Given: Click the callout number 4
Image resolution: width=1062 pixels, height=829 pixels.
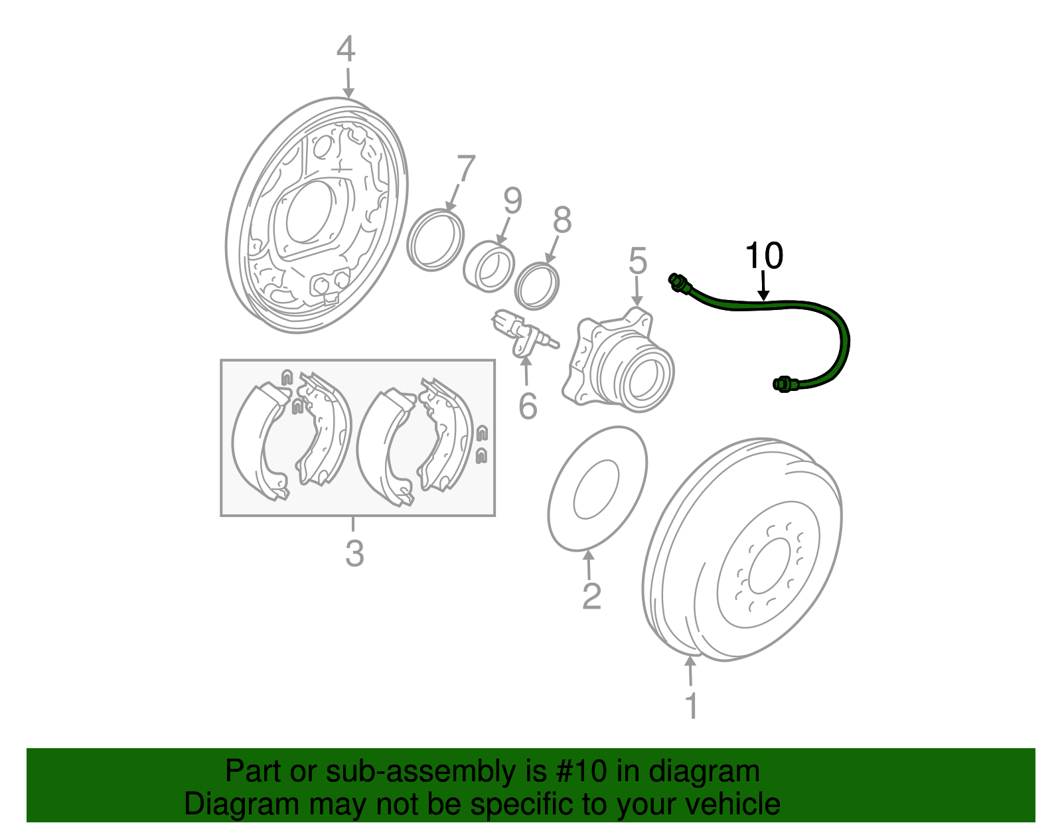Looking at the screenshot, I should coord(346,50).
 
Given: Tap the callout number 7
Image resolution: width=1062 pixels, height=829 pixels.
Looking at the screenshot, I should coord(466,169).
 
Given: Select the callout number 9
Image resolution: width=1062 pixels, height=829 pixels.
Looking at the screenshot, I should coord(512,201).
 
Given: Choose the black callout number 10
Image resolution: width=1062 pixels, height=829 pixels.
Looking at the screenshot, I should coord(764,256).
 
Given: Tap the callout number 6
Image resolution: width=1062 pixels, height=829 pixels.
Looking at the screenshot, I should coord(528,406).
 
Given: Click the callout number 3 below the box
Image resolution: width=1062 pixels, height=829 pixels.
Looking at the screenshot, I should coord(354,553).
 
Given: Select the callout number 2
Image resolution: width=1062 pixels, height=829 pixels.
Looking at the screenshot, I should coord(591,595).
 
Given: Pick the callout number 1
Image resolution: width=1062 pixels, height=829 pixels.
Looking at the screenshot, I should coord(691,706).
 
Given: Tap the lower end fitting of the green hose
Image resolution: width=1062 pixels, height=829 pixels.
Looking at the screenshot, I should coord(783,384).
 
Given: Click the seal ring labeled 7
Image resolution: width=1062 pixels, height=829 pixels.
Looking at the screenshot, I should coord(435,239).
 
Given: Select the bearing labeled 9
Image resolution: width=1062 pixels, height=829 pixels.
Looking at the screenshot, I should coord(489,267).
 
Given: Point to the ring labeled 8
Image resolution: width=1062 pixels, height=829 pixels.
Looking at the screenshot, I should coord(537,286).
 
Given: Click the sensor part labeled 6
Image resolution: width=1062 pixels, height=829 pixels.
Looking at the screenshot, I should coord(521,335).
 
